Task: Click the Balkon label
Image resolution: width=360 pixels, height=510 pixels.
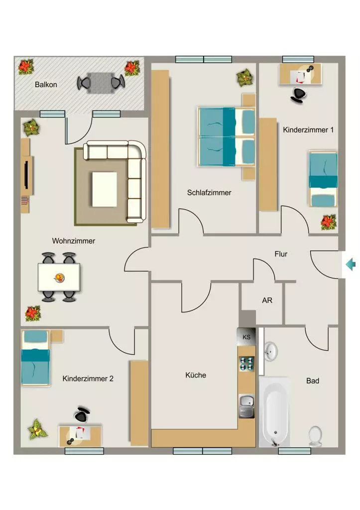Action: pos(46,85)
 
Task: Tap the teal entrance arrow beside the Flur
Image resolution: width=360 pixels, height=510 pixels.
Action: pos(350,264)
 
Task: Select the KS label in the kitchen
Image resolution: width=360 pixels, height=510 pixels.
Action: pos(246,337)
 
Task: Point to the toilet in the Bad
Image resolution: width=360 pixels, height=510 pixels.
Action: pos(315,436)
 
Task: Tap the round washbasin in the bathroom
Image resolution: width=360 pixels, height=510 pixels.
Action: pos(270,351)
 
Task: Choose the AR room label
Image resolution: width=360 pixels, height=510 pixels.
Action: pos(267,300)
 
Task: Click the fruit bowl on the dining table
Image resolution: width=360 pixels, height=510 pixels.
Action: pos(59,278)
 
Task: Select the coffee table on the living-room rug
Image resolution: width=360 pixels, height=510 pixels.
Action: pos(105,189)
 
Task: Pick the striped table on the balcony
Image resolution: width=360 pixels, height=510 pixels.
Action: pos(101,83)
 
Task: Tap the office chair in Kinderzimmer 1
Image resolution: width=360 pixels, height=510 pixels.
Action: pos(299,95)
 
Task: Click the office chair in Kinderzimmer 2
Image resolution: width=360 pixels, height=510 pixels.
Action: pos(82,414)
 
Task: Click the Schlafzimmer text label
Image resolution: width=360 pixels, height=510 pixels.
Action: pos(209,193)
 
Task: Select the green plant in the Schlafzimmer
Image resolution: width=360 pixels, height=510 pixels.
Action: pos(245,78)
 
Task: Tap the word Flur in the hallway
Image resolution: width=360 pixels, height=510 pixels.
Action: pos(281,254)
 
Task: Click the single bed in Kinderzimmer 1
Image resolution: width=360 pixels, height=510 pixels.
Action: pos(323,179)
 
